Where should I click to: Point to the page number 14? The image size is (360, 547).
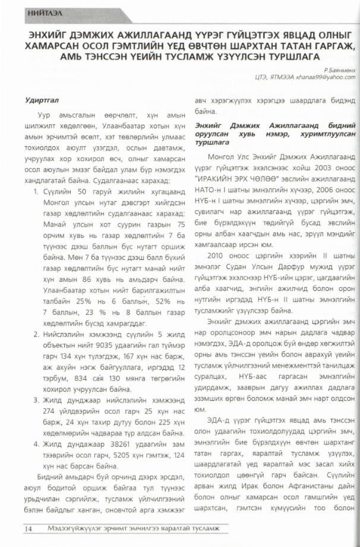tap(28, 529)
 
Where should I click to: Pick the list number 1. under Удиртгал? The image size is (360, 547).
tap(36, 194)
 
